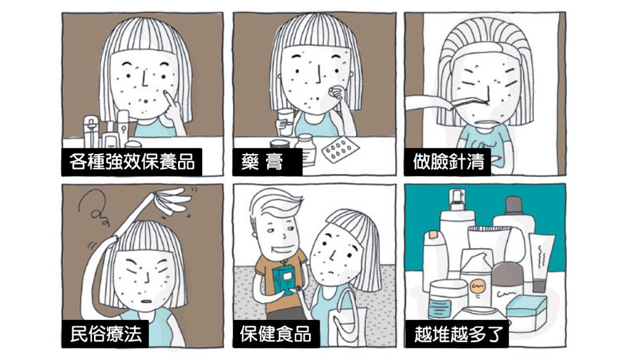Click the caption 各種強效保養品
point(132,161)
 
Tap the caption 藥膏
point(262,161)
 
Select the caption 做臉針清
point(448,161)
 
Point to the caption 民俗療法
point(106,334)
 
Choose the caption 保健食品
point(276,334)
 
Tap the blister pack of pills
point(340,150)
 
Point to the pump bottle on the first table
point(91,131)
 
